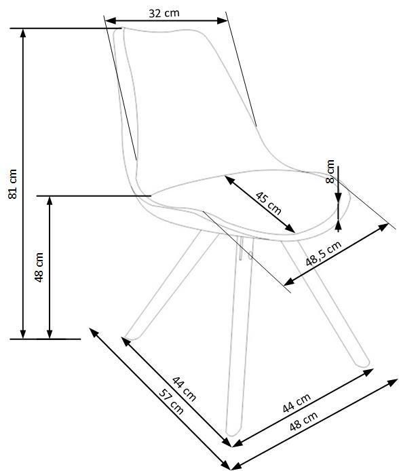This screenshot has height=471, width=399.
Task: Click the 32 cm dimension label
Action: point(164,13)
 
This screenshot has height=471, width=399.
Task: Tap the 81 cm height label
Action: point(13,184)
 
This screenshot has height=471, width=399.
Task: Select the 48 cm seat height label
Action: point(39,267)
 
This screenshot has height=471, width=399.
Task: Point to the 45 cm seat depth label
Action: point(269,204)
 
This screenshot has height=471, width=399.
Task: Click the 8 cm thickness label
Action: point(330,171)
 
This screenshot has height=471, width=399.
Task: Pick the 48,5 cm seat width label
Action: point(324,254)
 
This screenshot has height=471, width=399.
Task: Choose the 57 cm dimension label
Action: point(171,402)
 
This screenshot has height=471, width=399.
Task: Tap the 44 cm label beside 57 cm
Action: point(184,388)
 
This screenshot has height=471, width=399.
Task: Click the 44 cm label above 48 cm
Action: point(297,403)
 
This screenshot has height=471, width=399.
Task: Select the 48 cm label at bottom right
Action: point(303,421)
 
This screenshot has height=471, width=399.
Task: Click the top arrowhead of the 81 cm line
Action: point(23,33)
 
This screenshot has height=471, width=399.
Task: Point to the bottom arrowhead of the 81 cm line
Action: point(23,334)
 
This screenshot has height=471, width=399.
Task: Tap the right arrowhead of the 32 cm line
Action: point(222,21)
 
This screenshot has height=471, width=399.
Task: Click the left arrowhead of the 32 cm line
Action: point(111,21)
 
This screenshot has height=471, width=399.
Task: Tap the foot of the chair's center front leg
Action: point(233,432)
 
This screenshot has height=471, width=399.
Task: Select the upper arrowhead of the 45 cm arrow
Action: point(229,180)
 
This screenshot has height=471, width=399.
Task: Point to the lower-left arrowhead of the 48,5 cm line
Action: point(288,282)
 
